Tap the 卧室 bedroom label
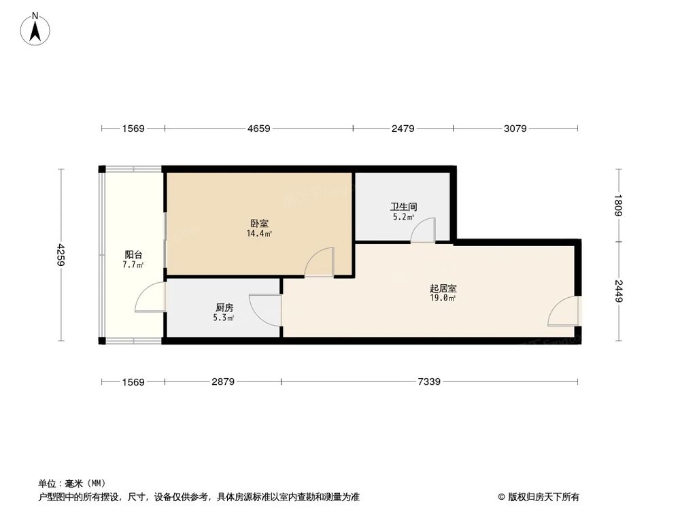pyautogui.click(x=259, y=223)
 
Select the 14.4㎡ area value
pyautogui.click(x=259, y=234)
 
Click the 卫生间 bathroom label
pyautogui.click(x=403, y=206)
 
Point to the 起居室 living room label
pyautogui.click(x=443, y=288)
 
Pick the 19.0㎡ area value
pyautogui.click(x=443, y=299)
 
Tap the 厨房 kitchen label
pyautogui.click(x=224, y=307)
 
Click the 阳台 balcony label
pyautogui.click(x=133, y=254)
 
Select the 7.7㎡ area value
pyautogui.click(x=133, y=265)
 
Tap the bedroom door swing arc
pyautogui.click(x=320, y=262)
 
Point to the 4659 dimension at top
pyautogui.click(x=259, y=128)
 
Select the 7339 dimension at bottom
pyautogui.click(x=429, y=382)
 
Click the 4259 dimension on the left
pyautogui.click(x=61, y=255)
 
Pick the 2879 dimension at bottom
pyautogui.click(x=223, y=382)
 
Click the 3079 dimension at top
pyautogui.click(x=515, y=128)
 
